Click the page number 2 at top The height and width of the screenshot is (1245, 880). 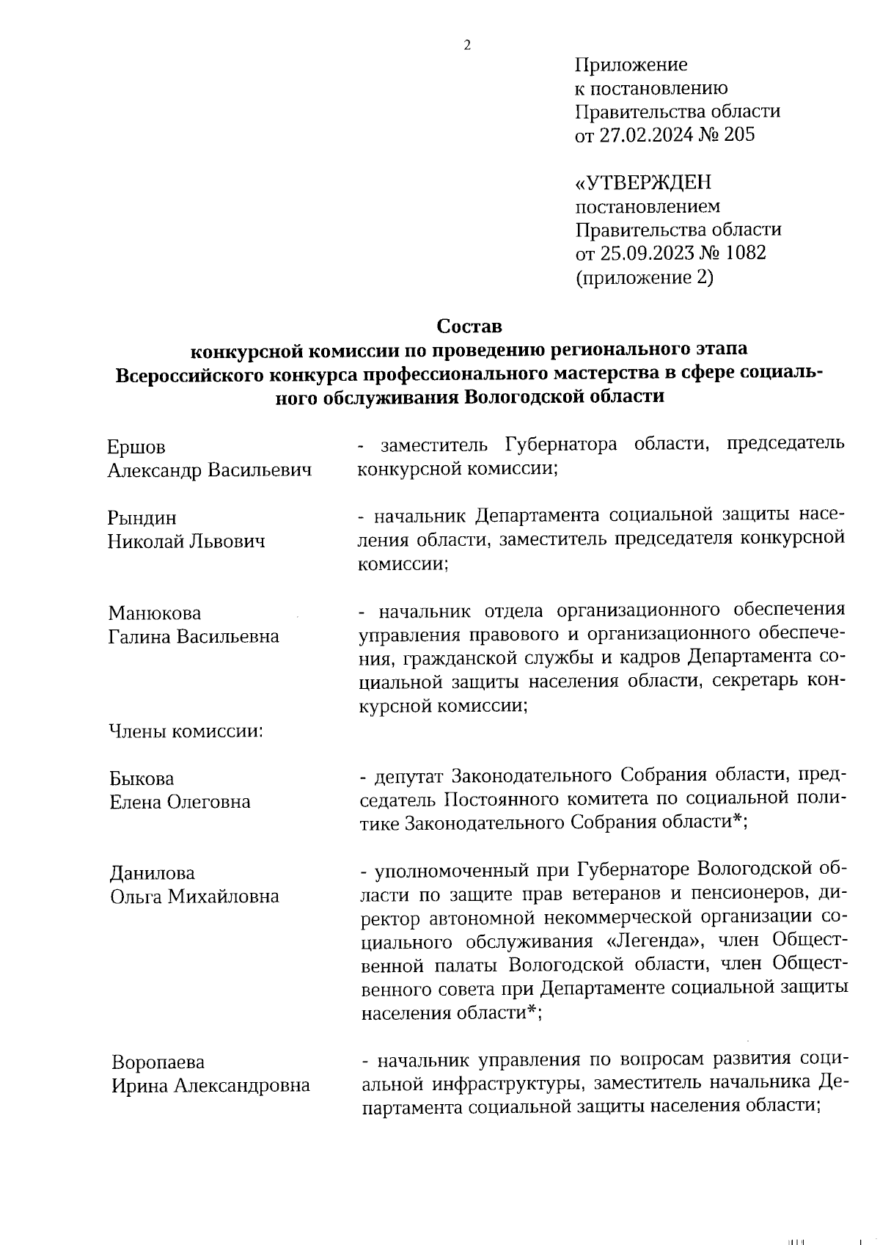(x=466, y=45)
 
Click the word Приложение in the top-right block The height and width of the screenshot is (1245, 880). (x=631, y=65)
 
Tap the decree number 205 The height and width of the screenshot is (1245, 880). (x=738, y=135)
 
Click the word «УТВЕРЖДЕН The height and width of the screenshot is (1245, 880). (x=643, y=182)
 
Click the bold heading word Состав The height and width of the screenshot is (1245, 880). (x=469, y=325)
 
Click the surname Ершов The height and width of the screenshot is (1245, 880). (x=136, y=447)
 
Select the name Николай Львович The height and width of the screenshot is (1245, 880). (x=186, y=541)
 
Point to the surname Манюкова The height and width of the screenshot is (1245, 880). (x=155, y=613)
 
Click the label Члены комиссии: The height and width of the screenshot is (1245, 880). (x=186, y=731)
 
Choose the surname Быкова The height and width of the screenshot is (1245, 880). (x=142, y=778)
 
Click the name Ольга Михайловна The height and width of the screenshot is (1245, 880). (x=194, y=897)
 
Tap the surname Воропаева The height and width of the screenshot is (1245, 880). (x=158, y=1062)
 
